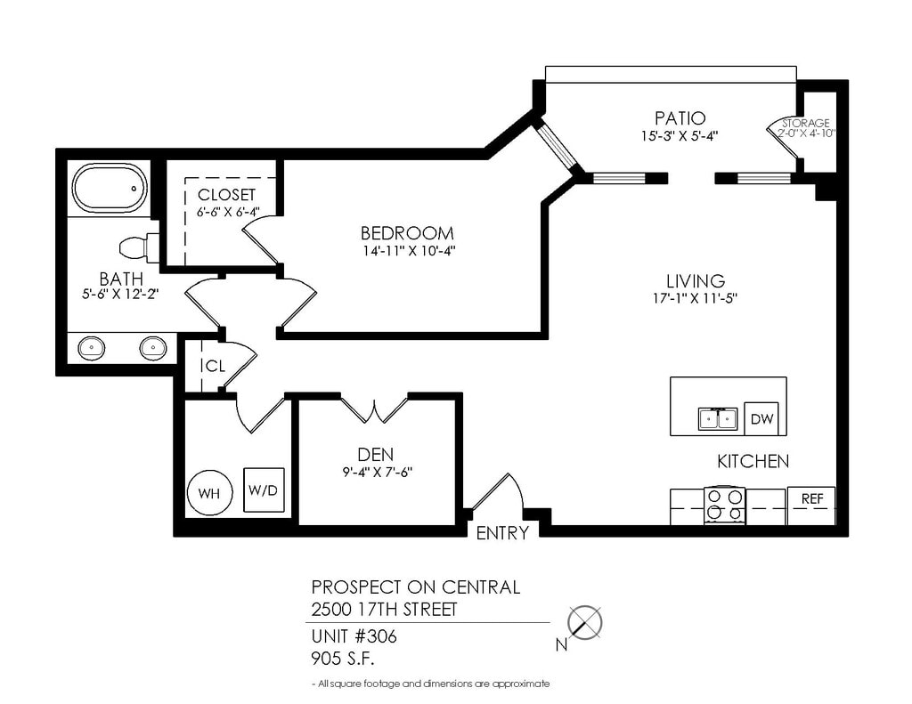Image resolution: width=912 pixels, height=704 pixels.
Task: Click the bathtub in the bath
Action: click(110, 189)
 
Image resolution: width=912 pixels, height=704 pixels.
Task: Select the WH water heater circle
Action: click(210, 493)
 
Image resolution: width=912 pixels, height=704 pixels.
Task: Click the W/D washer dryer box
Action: click(264, 490)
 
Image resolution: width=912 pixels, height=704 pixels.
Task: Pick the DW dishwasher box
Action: click(761, 418)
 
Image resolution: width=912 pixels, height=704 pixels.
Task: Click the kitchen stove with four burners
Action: click(724, 506)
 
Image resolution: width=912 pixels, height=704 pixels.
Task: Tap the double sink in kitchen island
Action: click(718, 418)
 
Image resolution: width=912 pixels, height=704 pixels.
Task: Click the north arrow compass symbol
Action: click(584, 623)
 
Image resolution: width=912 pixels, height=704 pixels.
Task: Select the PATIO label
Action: click(680, 118)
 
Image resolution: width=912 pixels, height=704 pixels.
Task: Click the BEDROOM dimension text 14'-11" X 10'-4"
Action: click(406, 251)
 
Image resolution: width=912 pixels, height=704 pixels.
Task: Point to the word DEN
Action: click(375, 455)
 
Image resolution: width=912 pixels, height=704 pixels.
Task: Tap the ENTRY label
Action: click(502, 533)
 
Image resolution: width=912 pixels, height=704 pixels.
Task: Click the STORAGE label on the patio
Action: click(805, 123)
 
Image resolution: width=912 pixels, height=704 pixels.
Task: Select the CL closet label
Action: click(216, 366)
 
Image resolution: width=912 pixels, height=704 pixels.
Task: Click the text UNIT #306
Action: click(354, 636)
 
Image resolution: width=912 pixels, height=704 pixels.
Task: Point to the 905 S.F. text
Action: click(343, 659)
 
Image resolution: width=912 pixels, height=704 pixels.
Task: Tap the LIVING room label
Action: click(696, 281)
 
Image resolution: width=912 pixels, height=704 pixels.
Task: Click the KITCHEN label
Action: click(753, 462)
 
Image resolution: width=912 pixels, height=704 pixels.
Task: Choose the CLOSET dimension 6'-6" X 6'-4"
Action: click(227, 212)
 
